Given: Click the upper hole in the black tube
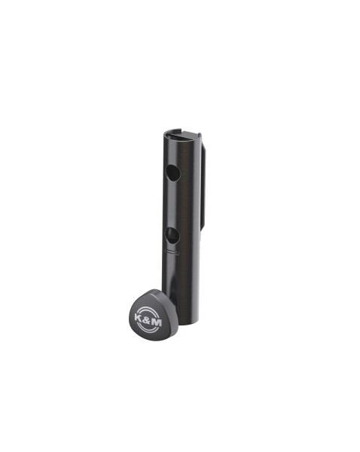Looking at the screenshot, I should click(x=172, y=173).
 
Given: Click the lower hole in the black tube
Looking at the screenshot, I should click(x=172, y=235).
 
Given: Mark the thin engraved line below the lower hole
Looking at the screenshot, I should click(x=172, y=253).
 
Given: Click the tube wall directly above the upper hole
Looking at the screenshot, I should click(x=172, y=154).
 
